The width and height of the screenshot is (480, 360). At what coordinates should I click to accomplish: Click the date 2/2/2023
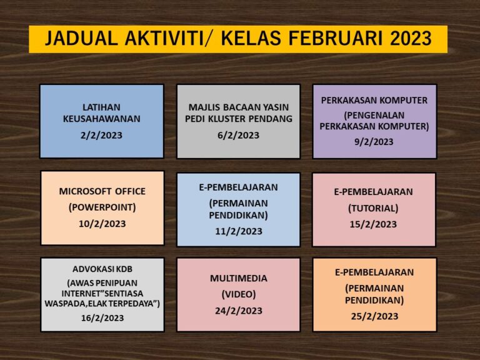(101, 135)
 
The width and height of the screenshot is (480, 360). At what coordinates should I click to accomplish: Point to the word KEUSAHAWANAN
(102, 119)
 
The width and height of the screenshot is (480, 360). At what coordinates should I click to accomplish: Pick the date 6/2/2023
(239, 135)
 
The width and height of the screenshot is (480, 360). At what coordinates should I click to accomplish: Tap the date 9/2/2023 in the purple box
(374, 142)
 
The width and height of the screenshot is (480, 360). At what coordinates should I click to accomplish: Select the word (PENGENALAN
(374, 116)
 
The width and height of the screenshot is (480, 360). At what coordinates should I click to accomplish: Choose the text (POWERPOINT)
(102, 207)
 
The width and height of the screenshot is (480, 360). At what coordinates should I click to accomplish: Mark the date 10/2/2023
(102, 224)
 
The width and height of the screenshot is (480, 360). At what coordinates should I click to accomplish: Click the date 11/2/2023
(239, 231)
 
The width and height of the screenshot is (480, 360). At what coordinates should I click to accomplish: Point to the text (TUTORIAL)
(373, 209)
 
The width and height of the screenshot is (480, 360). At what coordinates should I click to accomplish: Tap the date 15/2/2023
(373, 224)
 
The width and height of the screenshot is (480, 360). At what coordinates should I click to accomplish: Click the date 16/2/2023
(102, 318)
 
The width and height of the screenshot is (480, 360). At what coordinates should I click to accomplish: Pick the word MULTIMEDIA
(239, 278)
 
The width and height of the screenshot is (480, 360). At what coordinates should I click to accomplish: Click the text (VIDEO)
(239, 294)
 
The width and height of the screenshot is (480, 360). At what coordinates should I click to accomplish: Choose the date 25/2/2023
(374, 316)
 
